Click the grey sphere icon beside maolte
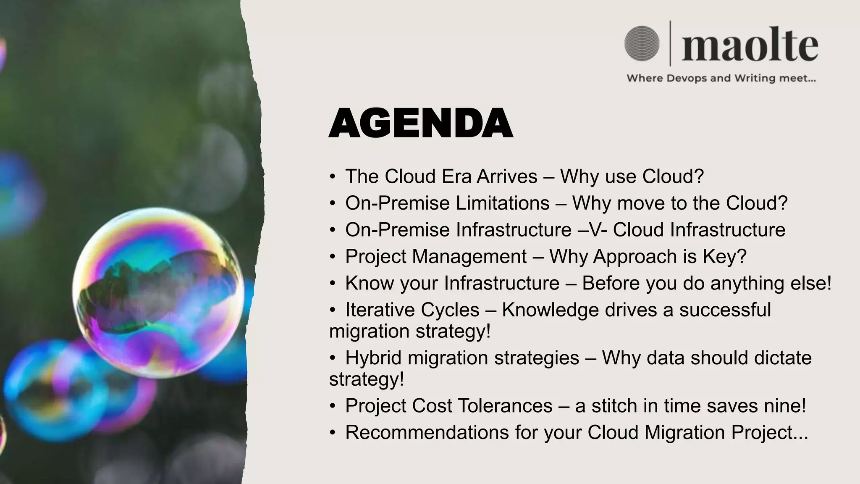tap(642, 43)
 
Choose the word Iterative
tap(412, 310)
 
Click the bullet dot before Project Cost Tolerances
tap(333, 406)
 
